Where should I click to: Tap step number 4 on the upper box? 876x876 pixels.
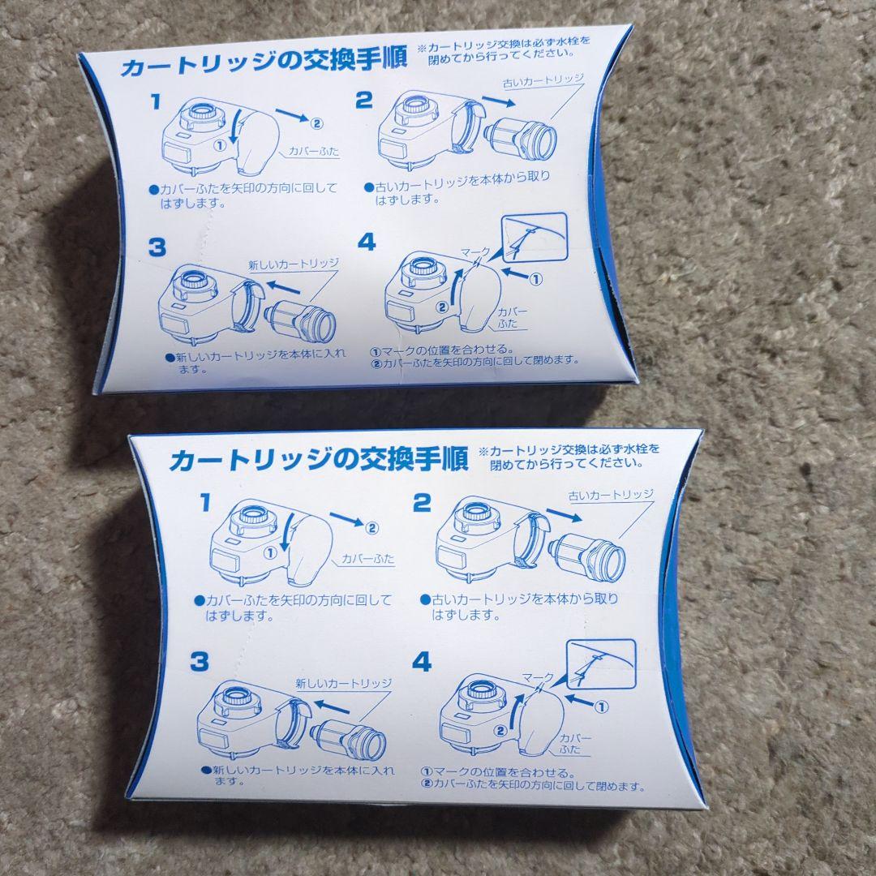pyautogui.click(x=367, y=241)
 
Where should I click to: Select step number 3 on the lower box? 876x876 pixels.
pyautogui.click(x=200, y=662)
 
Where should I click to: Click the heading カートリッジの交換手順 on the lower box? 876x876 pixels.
pyautogui.click(x=319, y=460)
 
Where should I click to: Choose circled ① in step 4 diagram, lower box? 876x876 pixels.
pyautogui.click(x=601, y=706)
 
